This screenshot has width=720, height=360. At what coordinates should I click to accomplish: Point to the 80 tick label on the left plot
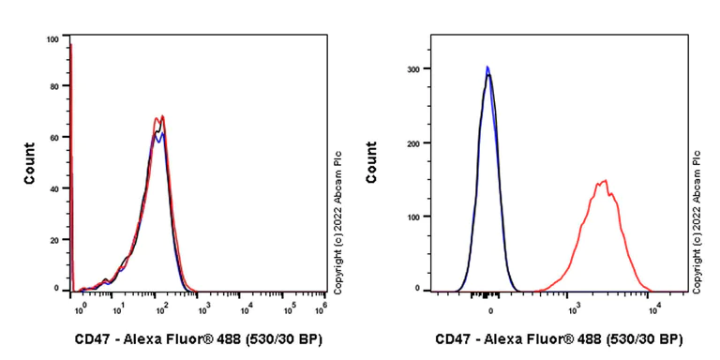click(x=53, y=87)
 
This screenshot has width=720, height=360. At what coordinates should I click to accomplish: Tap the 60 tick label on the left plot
click(x=53, y=138)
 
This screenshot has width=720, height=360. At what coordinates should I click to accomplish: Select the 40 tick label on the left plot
click(x=53, y=188)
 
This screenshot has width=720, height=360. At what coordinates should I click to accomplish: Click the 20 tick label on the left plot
click(x=53, y=239)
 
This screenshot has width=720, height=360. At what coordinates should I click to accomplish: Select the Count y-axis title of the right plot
click(x=373, y=162)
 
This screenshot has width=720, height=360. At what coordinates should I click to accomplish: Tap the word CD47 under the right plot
click(x=454, y=338)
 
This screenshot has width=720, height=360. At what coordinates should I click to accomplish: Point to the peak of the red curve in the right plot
click(x=606, y=181)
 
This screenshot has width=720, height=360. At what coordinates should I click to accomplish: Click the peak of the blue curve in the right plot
click(x=487, y=67)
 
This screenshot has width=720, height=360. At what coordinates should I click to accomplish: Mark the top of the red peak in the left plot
click(x=163, y=117)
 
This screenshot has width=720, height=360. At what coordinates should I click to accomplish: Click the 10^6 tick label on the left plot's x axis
click(x=323, y=306)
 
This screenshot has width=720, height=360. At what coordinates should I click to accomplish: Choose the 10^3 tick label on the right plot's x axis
click(x=571, y=307)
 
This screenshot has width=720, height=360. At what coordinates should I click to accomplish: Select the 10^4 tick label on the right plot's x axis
click(x=654, y=307)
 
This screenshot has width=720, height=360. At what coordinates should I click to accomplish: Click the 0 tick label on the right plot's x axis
click(x=490, y=307)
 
